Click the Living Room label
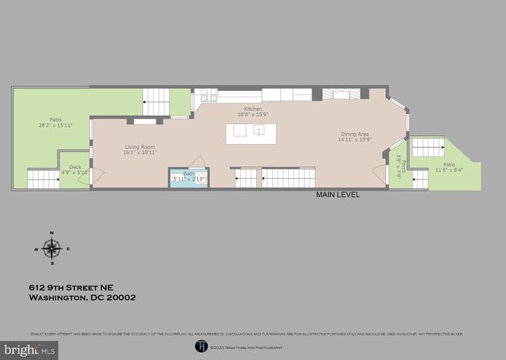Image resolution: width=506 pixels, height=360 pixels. click(137, 147)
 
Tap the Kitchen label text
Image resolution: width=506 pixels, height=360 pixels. click(253, 109)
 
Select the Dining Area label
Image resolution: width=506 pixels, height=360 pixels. click(354, 134)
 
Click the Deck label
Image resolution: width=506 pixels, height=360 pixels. click(75, 167)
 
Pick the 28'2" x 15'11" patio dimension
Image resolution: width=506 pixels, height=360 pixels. click(55, 125)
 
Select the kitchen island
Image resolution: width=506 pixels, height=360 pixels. click(251, 134)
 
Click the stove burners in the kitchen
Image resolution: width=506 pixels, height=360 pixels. click(209, 97)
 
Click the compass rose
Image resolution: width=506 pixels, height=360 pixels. click(52, 250)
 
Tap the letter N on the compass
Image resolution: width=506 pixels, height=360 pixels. click(52, 233)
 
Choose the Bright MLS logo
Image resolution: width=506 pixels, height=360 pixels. click(30, 348)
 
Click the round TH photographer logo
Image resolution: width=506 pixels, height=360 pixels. click(200, 346)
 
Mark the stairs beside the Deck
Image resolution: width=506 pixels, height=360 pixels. click(43, 180)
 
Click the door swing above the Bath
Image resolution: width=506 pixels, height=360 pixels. click(197, 161)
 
